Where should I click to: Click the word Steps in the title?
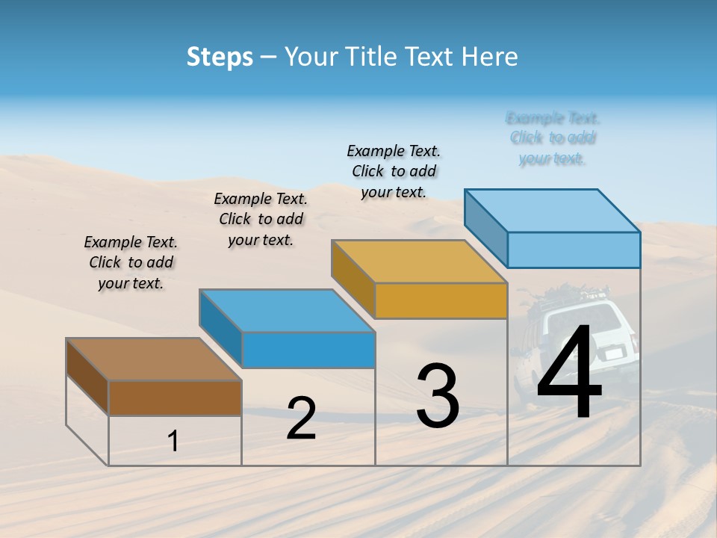pyautogui.click(x=220, y=57)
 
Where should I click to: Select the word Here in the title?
pyautogui.click(x=489, y=57)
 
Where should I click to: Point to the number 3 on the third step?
pyautogui.click(x=438, y=396)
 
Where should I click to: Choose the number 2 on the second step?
pyautogui.click(x=301, y=418)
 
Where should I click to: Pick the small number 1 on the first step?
pyautogui.click(x=173, y=442)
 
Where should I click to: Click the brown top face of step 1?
pyautogui.click(x=154, y=359)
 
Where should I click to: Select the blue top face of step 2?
pyautogui.click(x=287, y=310)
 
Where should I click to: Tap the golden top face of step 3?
pyautogui.click(x=419, y=262)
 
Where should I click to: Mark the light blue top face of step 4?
pyautogui.click(x=553, y=211)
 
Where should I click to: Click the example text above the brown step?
pyautogui.click(x=131, y=262)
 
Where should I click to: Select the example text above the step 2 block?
pyautogui.click(x=261, y=219)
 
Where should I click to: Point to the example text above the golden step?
pyautogui.click(x=394, y=171)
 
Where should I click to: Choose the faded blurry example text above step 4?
pyautogui.click(x=553, y=138)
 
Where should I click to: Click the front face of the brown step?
pyautogui.click(x=175, y=398)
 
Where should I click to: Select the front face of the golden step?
pyautogui.click(x=441, y=301)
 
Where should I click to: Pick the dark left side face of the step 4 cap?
pyautogui.click(x=485, y=228)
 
